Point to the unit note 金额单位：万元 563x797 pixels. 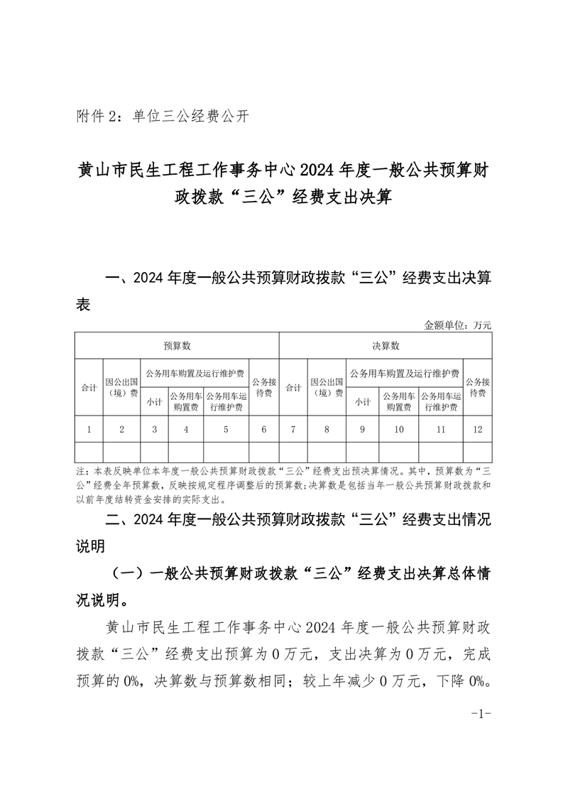click(x=458, y=325)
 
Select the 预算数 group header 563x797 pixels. click(x=177, y=346)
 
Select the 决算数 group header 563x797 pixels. click(x=386, y=346)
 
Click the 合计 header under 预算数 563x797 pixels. click(x=89, y=388)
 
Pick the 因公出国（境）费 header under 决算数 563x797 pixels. click(x=327, y=388)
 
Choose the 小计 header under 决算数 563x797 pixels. click(x=363, y=401)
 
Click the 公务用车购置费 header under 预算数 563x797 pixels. click(x=185, y=401)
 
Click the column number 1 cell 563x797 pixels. click(x=89, y=429)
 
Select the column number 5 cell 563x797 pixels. click(x=226, y=429)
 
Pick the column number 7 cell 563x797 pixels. click(x=293, y=429)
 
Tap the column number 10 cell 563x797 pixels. click(x=398, y=429)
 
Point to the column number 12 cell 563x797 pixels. click(x=478, y=429)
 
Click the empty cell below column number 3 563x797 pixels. click(x=154, y=452)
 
